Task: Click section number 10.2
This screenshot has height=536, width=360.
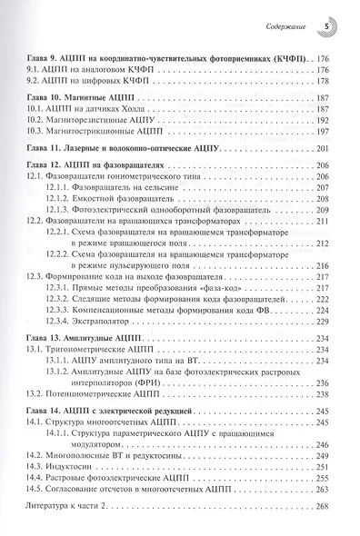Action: (x=36, y=120)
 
